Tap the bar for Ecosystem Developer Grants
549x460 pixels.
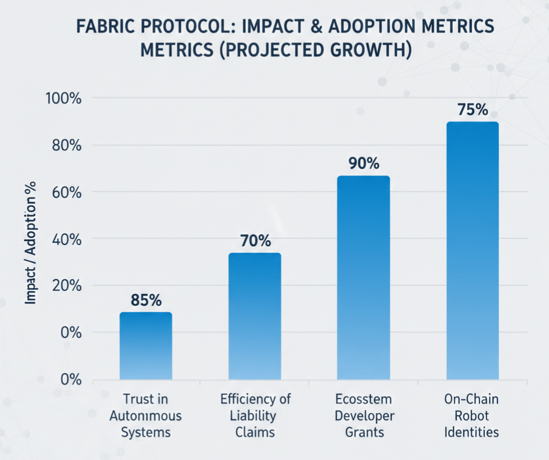(x=363, y=278)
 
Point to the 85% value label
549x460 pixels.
(x=146, y=301)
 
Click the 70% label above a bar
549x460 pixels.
(x=255, y=241)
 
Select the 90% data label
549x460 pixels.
(x=363, y=164)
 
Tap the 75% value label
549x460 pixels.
(x=472, y=109)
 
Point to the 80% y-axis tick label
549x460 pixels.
(x=65, y=145)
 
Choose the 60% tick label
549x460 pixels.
(x=65, y=192)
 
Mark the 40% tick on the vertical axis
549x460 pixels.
(x=65, y=239)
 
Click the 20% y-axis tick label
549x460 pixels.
(x=65, y=286)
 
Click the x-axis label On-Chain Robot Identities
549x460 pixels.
(x=471, y=416)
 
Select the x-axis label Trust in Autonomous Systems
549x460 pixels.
(x=146, y=416)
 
